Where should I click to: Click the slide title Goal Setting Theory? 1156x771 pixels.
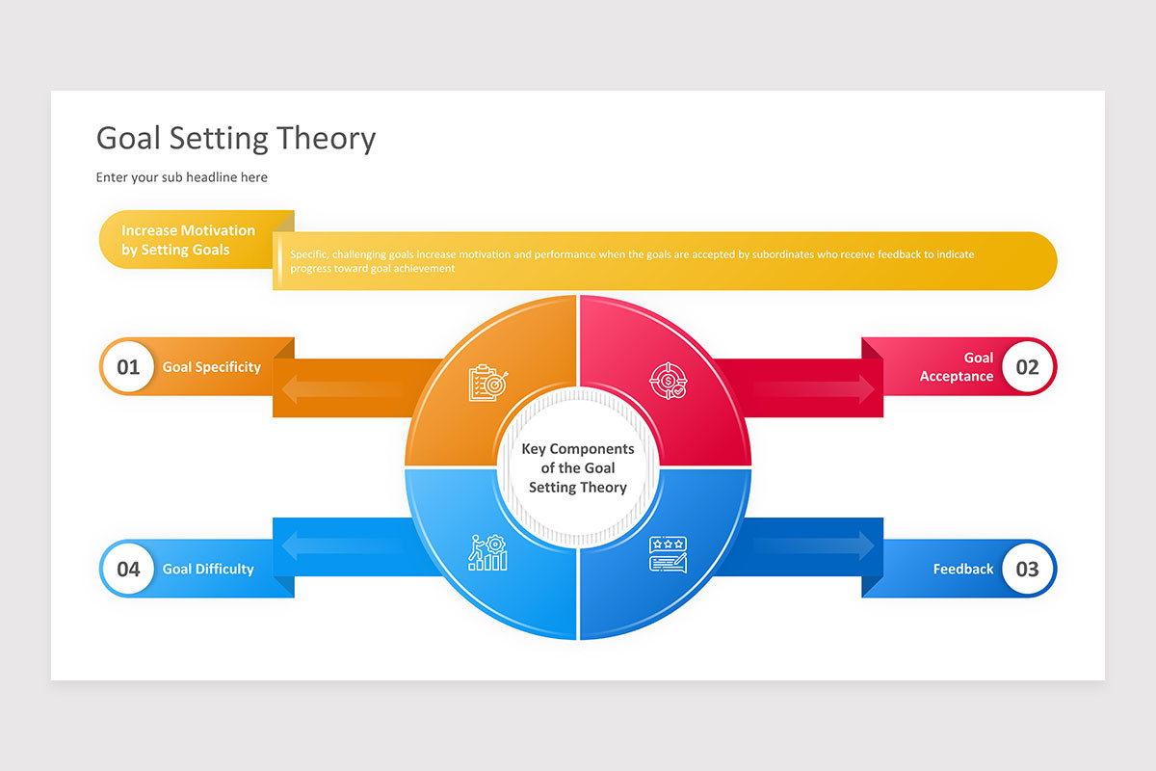click(236, 139)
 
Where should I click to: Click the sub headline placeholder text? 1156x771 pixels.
click(182, 177)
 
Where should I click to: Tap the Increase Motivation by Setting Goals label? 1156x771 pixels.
click(188, 240)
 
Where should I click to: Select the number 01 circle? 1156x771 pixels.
click(128, 366)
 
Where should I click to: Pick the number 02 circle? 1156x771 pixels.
click(1027, 366)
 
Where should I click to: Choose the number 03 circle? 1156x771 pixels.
click(1027, 569)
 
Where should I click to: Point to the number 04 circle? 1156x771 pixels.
click(128, 569)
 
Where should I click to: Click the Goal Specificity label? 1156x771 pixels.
click(212, 367)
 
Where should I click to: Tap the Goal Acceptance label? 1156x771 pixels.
click(957, 367)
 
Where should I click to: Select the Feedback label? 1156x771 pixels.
click(962, 570)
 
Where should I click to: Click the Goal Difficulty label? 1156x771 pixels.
click(208, 570)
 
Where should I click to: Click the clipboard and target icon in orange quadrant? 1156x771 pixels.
click(487, 383)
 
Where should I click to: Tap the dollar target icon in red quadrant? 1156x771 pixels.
click(668, 380)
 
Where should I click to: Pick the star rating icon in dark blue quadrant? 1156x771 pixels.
click(668, 554)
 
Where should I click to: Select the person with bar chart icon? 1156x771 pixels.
click(487, 553)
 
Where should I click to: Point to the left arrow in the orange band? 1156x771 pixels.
click(342, 389)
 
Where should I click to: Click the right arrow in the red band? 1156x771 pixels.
click(814, 389)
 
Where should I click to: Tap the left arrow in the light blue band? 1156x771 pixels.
click(342, 547)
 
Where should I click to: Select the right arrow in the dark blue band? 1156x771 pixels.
click(814, 547)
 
